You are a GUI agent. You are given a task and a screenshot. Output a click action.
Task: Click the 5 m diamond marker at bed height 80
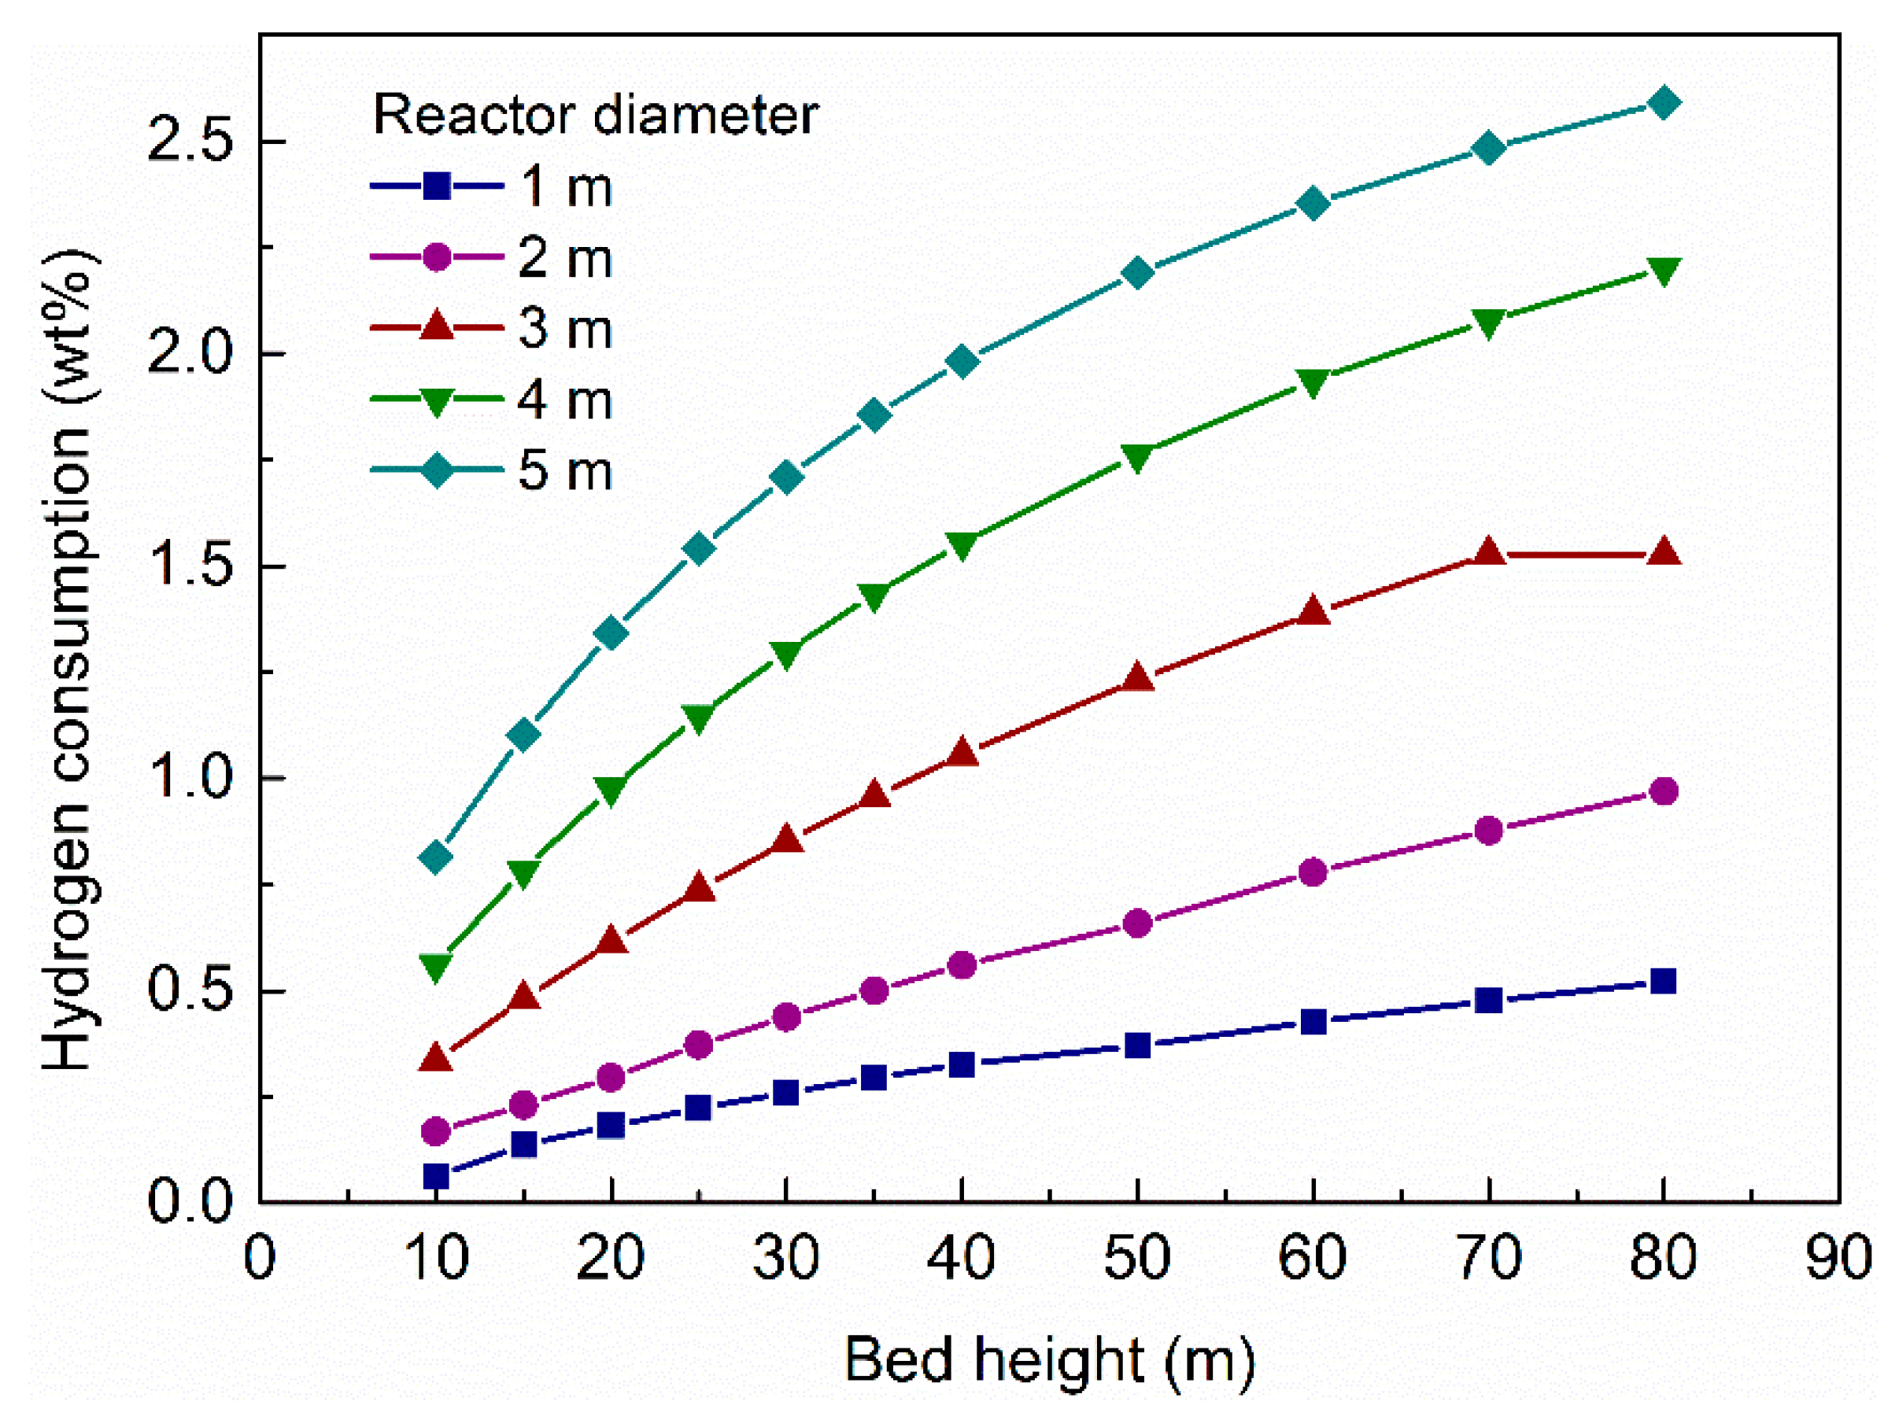(1663, 104)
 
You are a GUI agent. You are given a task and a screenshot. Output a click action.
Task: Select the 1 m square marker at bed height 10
(436, 1176)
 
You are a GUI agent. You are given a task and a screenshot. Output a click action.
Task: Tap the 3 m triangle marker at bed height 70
(1489, 553)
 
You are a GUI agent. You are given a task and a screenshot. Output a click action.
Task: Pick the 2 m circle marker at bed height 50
(1138, 923)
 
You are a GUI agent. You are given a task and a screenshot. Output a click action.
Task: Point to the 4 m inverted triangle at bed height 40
(962, 545)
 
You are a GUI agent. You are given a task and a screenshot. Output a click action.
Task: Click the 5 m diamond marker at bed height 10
(436, 857)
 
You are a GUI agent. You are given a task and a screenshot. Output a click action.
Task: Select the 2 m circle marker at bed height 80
(1663, 791)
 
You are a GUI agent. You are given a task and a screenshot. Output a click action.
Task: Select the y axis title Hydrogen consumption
(68, 660)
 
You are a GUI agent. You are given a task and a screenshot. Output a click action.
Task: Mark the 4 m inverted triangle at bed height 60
(1313, 382)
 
